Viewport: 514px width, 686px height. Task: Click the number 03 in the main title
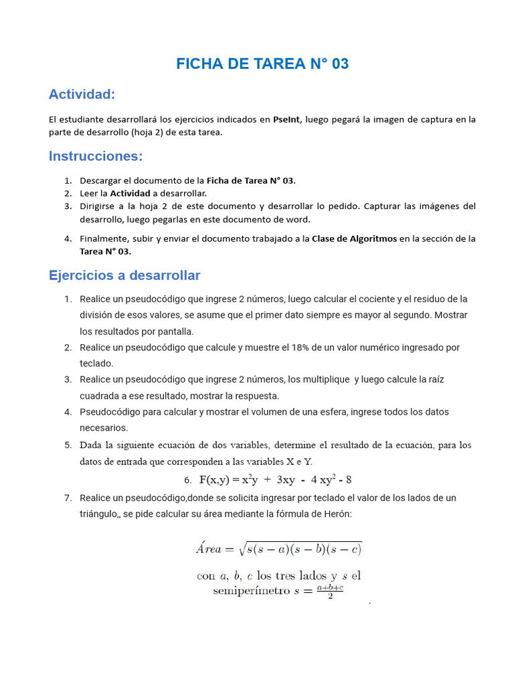(x=339, y=64)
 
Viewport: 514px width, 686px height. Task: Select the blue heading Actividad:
(x=82, y=94)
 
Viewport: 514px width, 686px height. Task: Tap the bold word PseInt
(x=287, y=119)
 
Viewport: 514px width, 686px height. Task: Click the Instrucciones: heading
(x=96, y=156)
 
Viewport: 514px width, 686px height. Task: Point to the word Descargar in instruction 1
(x=100, y=181)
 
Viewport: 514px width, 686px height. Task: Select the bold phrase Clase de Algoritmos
(x=354, y=238)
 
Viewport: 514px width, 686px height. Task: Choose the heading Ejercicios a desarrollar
(x=124, y=275)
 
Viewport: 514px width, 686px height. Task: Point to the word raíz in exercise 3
(x=433, y=380)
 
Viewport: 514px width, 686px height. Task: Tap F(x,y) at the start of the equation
(x=214, y=480)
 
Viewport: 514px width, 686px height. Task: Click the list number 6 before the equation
(x=187, y=480)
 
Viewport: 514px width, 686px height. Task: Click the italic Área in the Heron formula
(x=208, y=549)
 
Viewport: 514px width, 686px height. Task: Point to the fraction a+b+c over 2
(x=330, y=591)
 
